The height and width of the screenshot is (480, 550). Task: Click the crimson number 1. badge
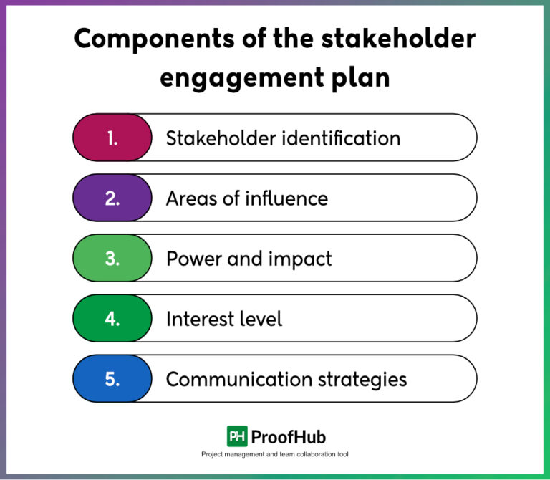tap(112, 138)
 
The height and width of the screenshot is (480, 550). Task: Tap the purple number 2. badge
tap(112, 198)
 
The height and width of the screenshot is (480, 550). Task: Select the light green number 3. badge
tap(112, 258)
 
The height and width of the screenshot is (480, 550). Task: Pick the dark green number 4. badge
tap(112, 318)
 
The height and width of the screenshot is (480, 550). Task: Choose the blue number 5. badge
tap(112, 378)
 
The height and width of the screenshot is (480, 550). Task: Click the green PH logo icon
tap(237, 436)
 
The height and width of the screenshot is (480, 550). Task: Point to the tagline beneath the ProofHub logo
tap(275, 455)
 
